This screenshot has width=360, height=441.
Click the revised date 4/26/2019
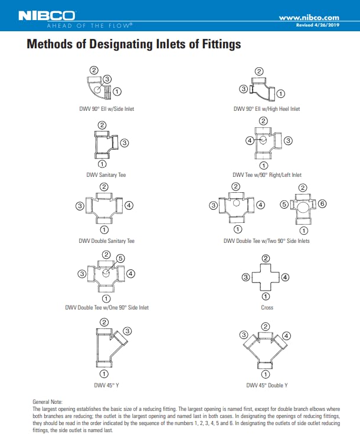[327, 25]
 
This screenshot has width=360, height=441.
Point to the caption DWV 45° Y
[103, 385]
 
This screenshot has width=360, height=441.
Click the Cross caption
[267, 308]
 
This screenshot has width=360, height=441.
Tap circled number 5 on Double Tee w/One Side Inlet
[120, 258]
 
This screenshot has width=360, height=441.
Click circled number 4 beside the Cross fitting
[286, 277]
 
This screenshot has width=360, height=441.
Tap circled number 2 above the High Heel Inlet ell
[259, 72]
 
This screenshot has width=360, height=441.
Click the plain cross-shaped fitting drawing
[266, 277]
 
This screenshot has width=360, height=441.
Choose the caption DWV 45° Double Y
[267, 385]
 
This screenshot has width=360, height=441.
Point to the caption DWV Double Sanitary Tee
[107, 241]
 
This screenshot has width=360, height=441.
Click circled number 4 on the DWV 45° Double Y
[287, 335]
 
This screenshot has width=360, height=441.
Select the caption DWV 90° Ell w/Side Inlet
[107, 109]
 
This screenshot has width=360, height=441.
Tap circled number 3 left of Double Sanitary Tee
[78, 205]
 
